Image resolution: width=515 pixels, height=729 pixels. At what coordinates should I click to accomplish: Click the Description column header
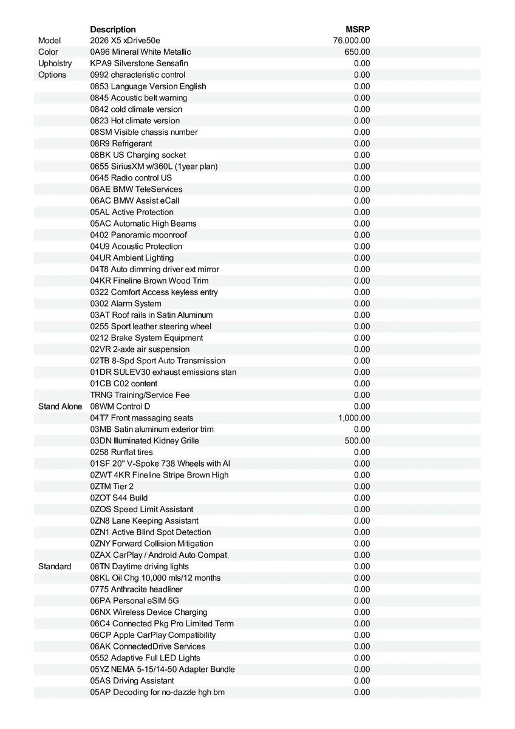pyautogui.click(x=113, y=29)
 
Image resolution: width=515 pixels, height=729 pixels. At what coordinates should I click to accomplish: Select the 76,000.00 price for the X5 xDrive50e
pyautogui.click(x=351, y=41)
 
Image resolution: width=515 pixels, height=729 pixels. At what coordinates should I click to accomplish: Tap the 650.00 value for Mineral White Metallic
pyautogui.click(x=356, y=52)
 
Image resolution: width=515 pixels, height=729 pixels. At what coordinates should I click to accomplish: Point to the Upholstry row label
pyautogui.click(x=55, y=64)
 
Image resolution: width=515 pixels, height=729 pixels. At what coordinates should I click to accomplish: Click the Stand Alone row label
pyautogui.click(x=60, y=406)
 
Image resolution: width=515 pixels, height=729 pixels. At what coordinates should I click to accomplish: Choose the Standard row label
pyautogui.click(x=55, y=567)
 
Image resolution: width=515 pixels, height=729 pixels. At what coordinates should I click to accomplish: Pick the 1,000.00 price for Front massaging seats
pyautogui.click(x=353, y=418)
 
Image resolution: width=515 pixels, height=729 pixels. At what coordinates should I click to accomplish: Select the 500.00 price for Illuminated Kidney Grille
pyautogui.click(x=356, y=441)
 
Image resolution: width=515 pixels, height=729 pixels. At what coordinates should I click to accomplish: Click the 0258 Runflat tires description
pyautogui.click(x=121, y=453)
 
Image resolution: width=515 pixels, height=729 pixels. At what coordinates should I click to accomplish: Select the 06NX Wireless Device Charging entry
pyautogui.click(x=149, y=612)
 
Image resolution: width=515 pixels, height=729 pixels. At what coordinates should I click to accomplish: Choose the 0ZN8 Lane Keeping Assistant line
pyautogui.click(x=144, y=521)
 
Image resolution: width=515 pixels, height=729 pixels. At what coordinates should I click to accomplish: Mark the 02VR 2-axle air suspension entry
pyautogui.click(x=140, y=349)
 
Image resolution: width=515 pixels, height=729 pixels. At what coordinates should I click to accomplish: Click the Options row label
pyautogui.click(x=52, y=75)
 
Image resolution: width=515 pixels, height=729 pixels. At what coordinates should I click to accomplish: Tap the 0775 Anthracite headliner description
pyautogui.click(x=136, y=590)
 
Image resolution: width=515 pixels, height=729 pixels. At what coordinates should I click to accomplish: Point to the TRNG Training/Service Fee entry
pyautogui.click(x=140, y=395)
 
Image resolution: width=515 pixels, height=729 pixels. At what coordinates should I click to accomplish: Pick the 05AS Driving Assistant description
pyautogui.click(x=132, y=681)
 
